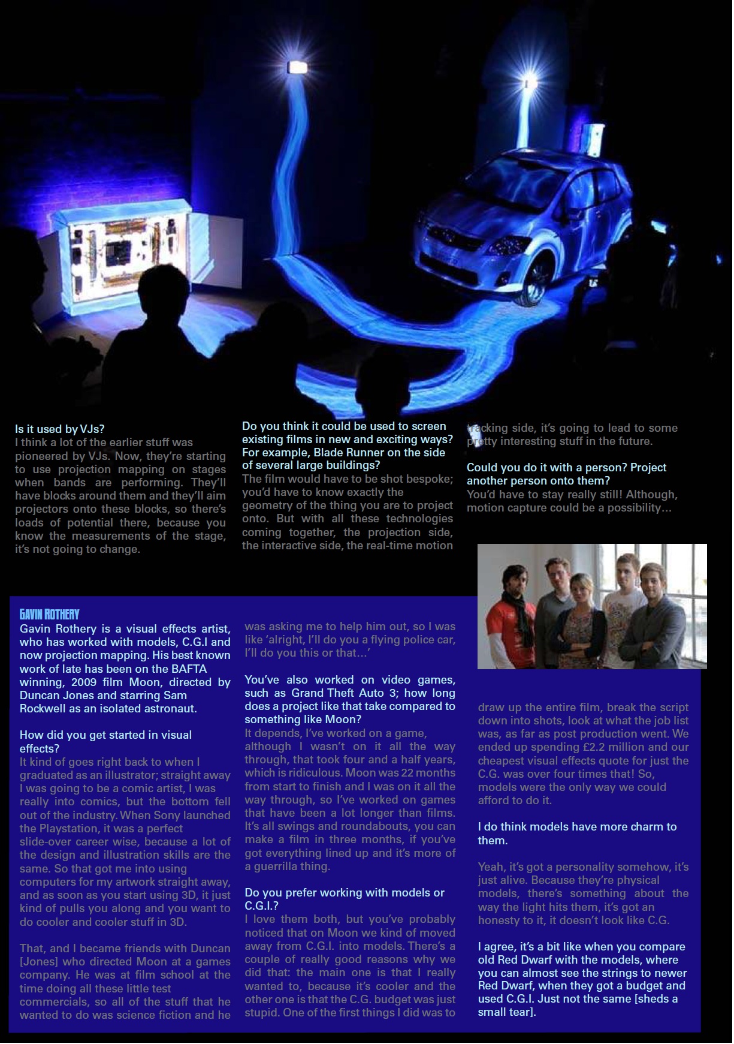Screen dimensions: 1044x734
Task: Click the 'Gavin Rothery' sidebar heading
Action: [49, 614]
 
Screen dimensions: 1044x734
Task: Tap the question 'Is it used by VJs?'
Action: [60, 429]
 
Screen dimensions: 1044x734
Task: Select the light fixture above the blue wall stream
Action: [298, 67]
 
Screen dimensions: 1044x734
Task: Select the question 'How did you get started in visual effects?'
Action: [105, 742]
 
